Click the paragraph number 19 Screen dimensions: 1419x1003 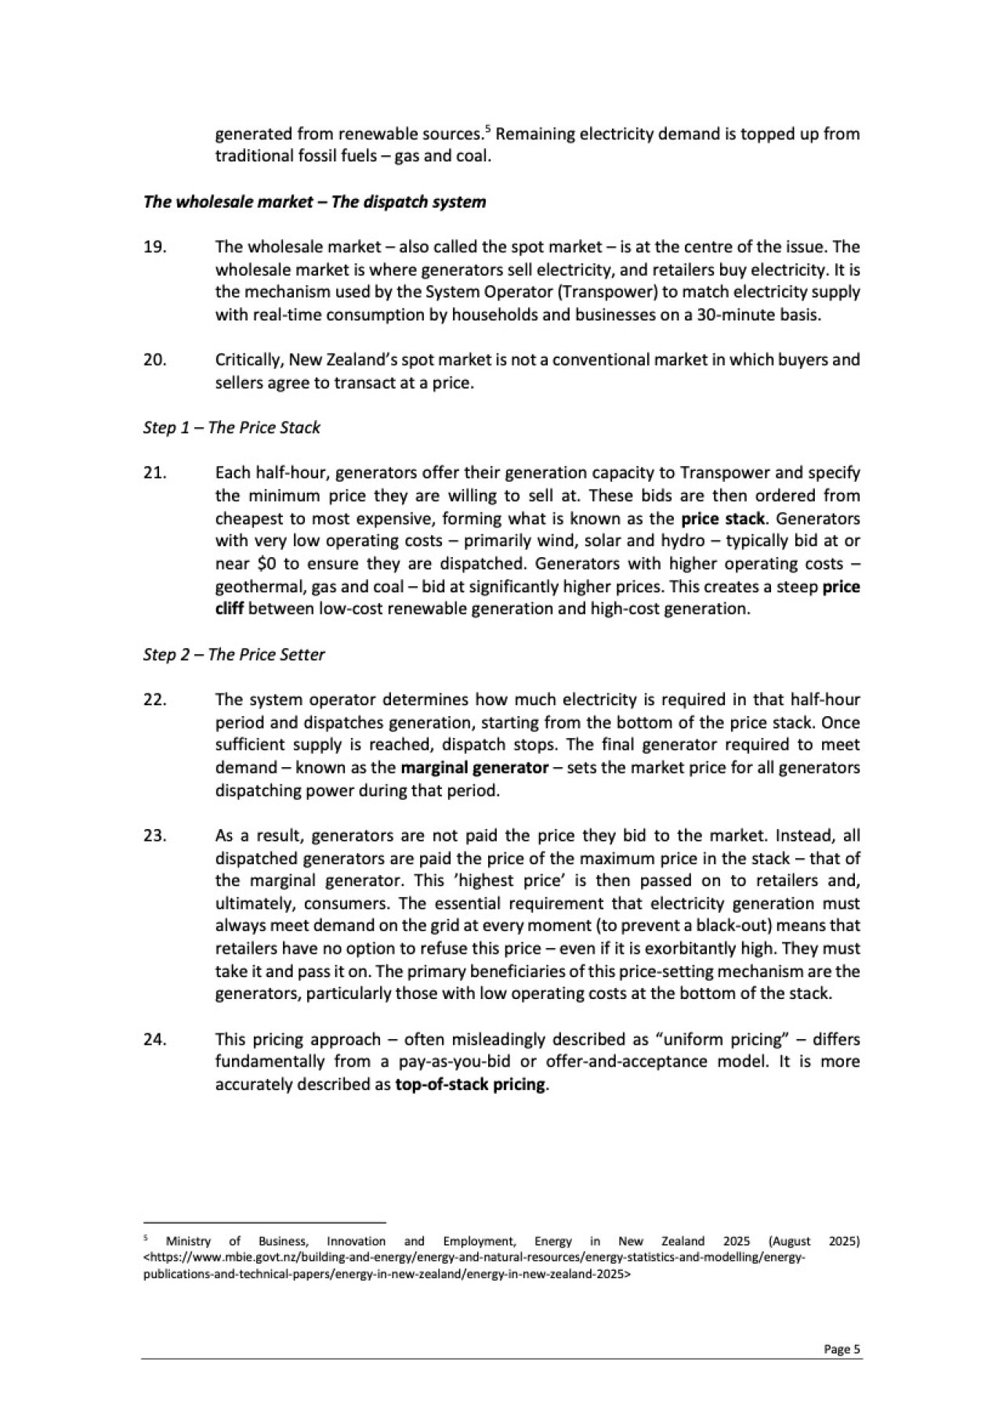(154, 248)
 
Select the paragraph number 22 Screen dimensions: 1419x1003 (154, 700)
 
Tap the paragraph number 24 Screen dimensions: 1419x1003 (154, 1040)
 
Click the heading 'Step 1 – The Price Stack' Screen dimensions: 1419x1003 (232, 428)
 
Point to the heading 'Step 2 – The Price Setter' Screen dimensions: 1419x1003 (234, 654)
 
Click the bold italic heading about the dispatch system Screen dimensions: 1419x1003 (314, 202)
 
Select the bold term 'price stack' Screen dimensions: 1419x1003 (722, 519)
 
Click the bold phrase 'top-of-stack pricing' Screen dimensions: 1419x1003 (469, 1085)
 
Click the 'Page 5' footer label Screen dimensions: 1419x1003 (842, 1349)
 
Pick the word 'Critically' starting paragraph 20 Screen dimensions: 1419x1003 (248, 360)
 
